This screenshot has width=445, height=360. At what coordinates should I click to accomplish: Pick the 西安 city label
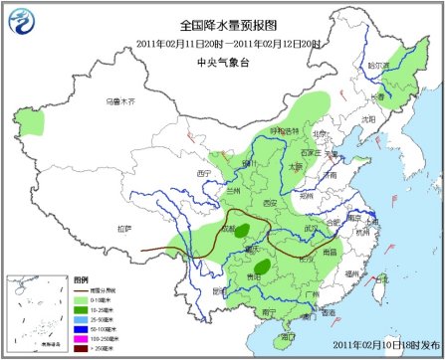[x=272, y=202]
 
